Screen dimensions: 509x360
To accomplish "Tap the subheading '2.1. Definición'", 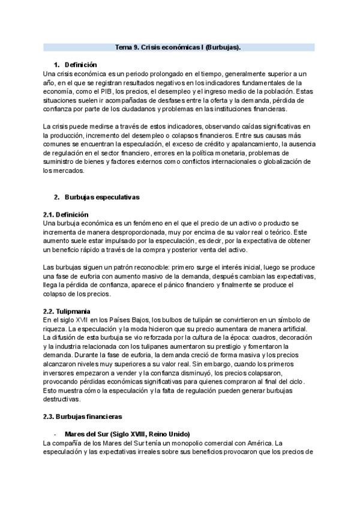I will point(66,214).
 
